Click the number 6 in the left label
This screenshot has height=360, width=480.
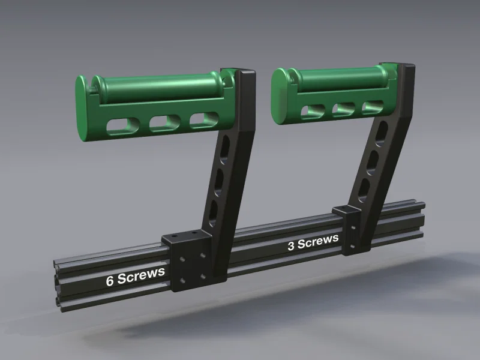pos(110,281)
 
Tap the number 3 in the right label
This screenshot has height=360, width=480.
pos(291,246)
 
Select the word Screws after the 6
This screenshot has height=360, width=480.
pos(141,274)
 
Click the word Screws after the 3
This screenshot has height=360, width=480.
pos(318,241)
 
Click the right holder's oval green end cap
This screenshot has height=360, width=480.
pos(279,96)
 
